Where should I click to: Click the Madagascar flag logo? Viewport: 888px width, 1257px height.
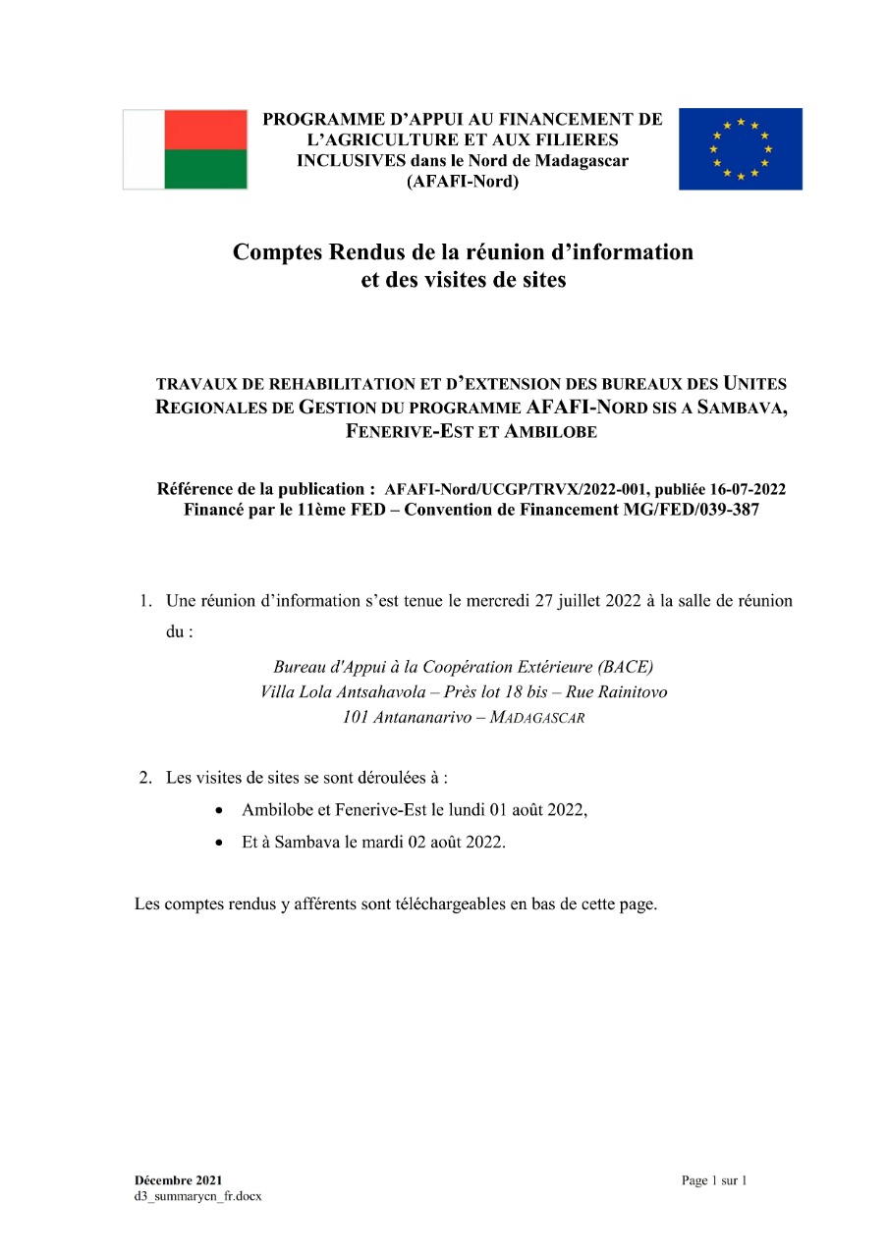[185, 149]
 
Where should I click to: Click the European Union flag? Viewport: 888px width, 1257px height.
[740, 149]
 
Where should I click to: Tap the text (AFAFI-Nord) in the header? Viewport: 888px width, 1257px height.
[462, 182]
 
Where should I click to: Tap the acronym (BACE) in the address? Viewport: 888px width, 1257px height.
[625, 667]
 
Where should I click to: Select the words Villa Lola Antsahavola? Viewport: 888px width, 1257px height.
[343, 692]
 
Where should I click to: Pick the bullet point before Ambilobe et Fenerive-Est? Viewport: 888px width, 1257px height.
[220, 811]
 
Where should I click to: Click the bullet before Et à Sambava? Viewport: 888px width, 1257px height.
[220, 844]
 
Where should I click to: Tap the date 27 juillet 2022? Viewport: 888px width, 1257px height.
[588, 601]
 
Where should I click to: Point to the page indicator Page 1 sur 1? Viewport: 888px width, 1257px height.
[714, 1179]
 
